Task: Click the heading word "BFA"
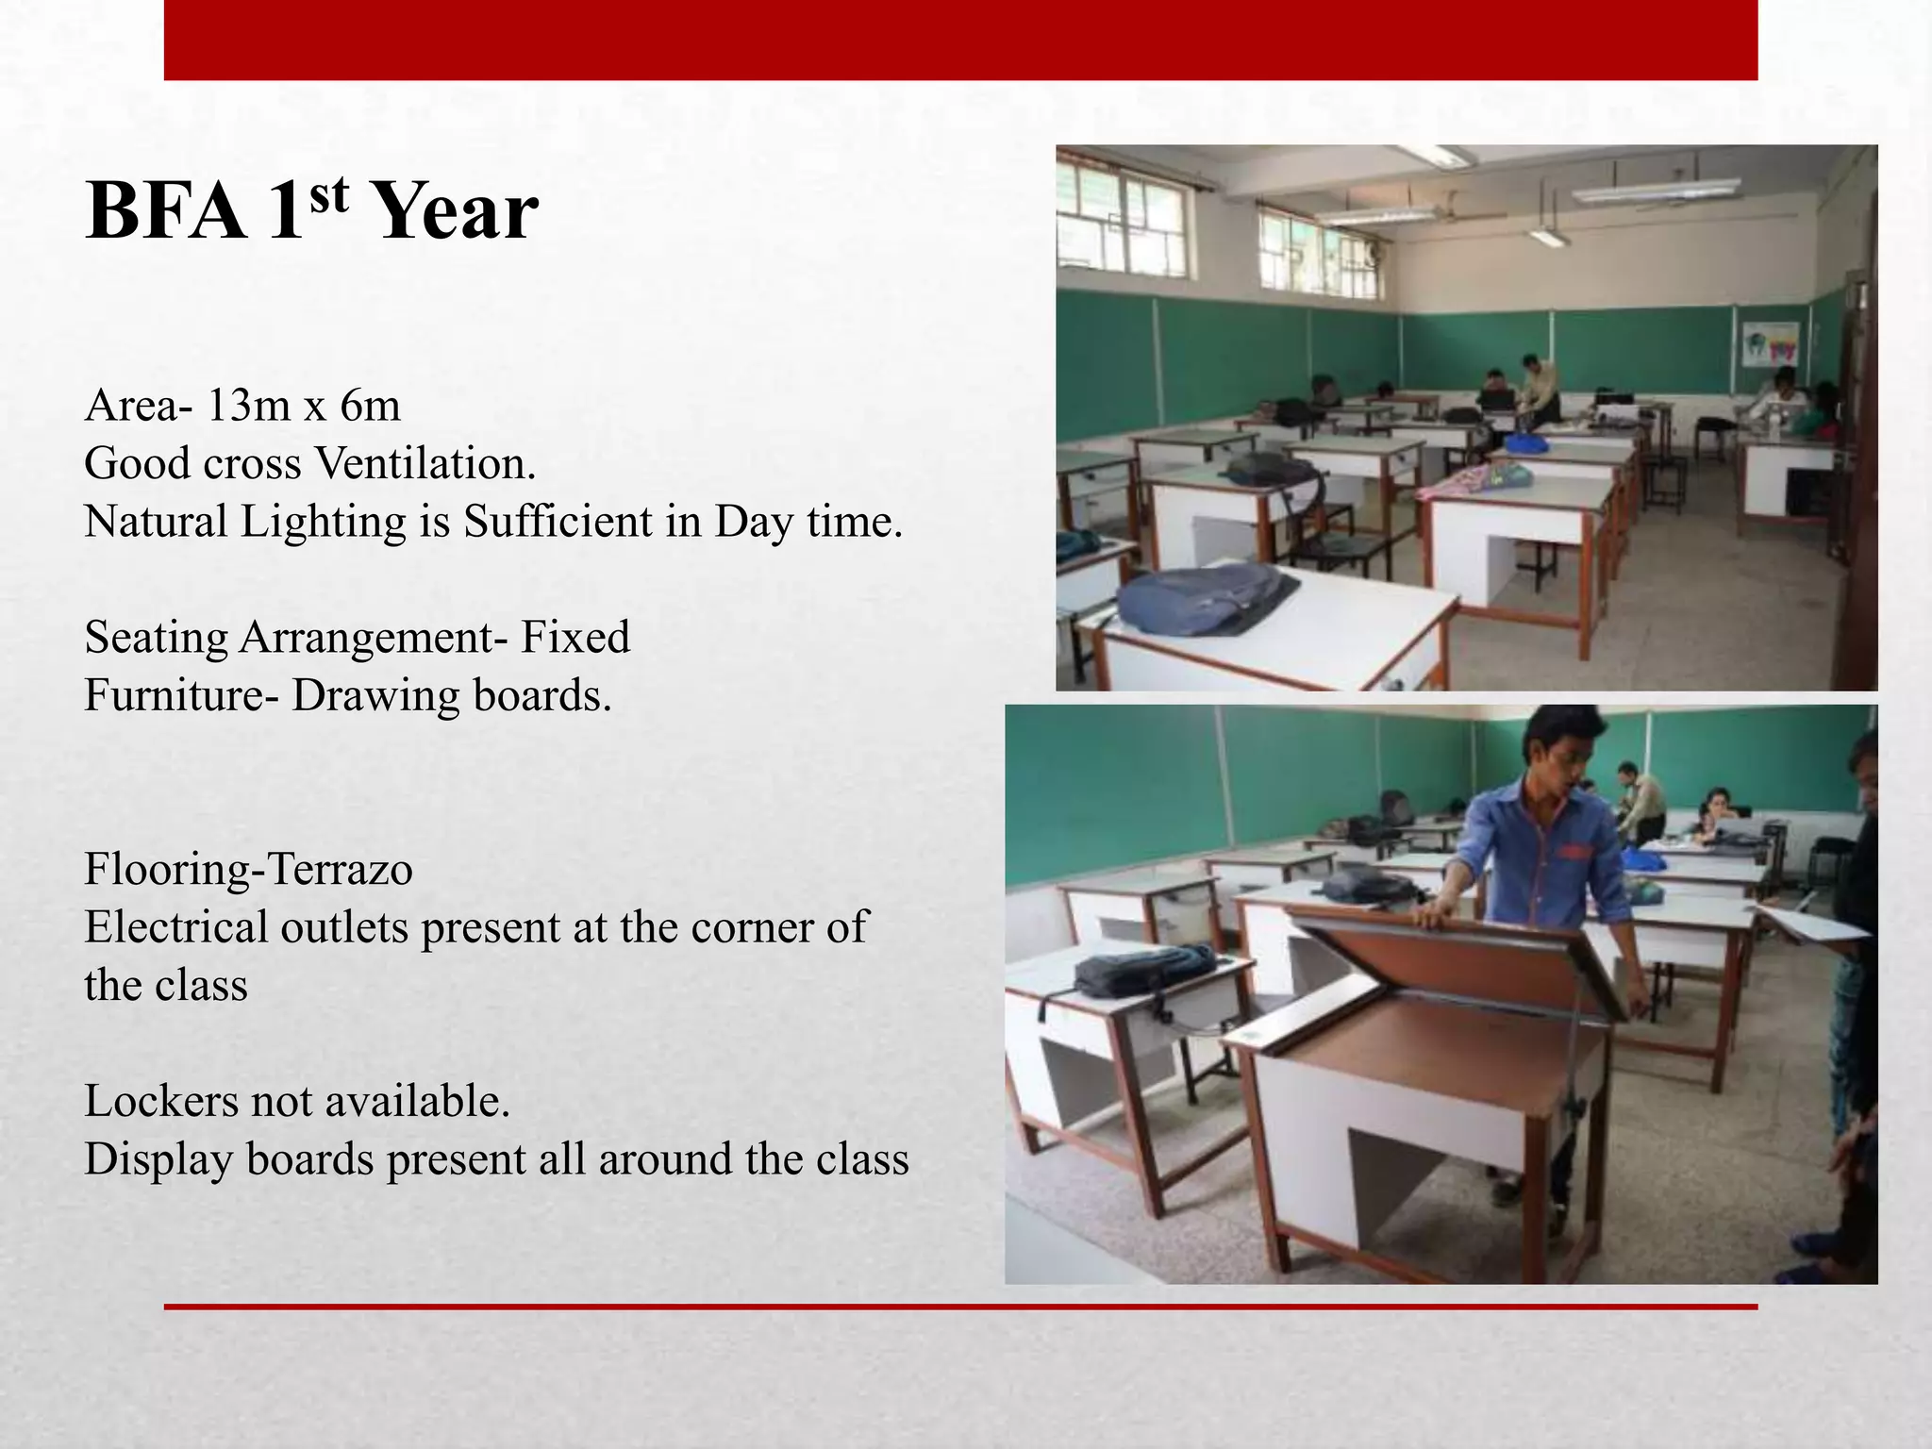(164, 211)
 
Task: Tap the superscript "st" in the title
(328, 195)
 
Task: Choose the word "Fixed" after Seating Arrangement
(575, 638)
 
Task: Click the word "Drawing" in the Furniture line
(376, 696)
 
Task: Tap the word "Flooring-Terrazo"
(248, 870)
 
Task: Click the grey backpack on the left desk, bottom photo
(1144, 968)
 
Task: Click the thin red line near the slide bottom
(960, 1307)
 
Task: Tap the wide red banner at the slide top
(960, 40)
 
